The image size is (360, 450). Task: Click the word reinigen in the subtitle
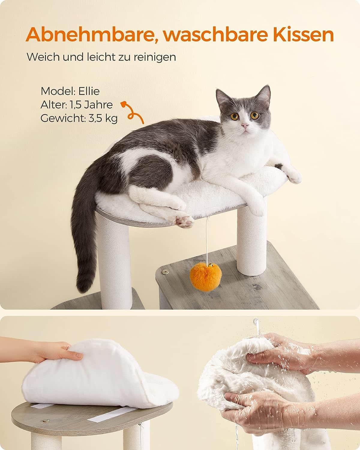click(x=155, y=57)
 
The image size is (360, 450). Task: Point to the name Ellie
click(x=89, y=91)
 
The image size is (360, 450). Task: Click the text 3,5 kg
click(x=103, y=118)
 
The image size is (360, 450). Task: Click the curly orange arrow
click(x=132, y=112)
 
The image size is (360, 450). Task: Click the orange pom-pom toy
click(x=205, y=274)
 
